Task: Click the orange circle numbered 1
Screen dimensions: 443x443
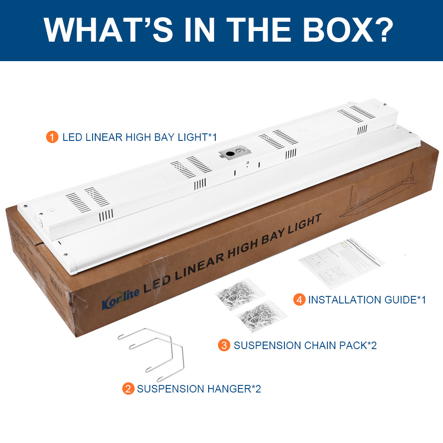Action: tap(52, 137)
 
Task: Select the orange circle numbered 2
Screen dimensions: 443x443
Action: tap(128, 389)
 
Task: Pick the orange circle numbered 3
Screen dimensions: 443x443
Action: tap(224, 345)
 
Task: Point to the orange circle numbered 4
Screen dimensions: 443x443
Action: tap(299, 300)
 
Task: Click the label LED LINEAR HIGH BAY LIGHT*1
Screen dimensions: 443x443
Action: tap(140, 137)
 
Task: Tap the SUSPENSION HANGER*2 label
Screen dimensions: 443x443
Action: tap(199, 389)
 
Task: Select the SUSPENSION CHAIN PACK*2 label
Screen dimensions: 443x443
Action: tap(305, 346)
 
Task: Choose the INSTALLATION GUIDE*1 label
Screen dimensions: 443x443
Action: tap(367, 300)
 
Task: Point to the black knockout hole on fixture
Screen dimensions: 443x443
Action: tap(230, 154)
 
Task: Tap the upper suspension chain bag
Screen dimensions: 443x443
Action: tap(240, 293)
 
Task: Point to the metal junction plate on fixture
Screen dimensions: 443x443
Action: tap(234, 153)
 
